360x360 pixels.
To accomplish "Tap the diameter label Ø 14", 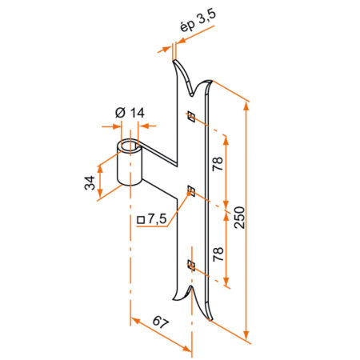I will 130,113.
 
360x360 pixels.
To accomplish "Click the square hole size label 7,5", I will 157,218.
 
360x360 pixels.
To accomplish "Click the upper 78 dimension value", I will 218,165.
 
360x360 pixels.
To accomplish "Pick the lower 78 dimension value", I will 218,254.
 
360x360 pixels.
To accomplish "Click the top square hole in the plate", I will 190,117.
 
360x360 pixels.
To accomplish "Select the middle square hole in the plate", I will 190,190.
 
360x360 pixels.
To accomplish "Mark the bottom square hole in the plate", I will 190,264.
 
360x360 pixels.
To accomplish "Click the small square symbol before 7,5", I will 141,218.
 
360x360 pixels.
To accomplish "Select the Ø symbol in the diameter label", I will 120,113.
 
